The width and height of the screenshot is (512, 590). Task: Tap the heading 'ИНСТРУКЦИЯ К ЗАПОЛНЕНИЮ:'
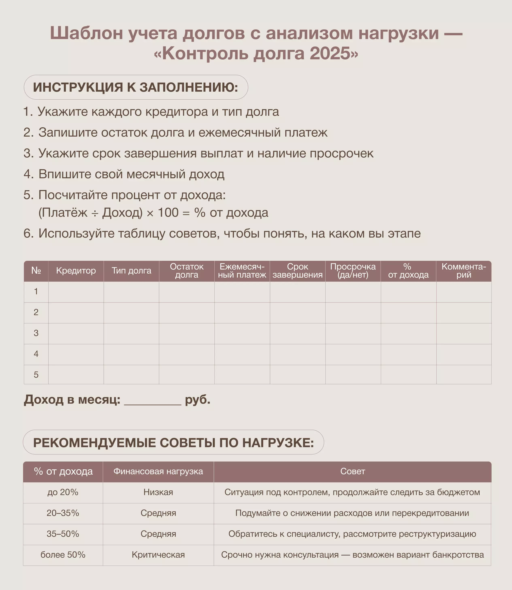[x=135, y=87]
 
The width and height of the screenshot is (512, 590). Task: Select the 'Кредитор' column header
[x=76, y=271]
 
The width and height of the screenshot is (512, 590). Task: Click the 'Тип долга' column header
[x=131, y=271]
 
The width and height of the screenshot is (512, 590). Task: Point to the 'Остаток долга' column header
[x=187, y=271]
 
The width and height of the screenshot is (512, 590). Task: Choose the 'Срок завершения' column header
[x=297, y=271]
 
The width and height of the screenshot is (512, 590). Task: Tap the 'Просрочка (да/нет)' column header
[x=353, y=271]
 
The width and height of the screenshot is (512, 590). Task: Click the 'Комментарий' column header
[x=464, y=271]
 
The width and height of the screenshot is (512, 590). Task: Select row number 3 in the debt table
[x=36, y=333]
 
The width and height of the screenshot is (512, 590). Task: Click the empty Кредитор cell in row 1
[x=76, y=292]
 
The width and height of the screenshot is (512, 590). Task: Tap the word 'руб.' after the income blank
[x=197, y=400]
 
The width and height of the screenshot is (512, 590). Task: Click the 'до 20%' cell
[x=63, y=492]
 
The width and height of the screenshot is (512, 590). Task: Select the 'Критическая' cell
[x=158, y=555]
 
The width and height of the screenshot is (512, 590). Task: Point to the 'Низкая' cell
[x=158, y=492]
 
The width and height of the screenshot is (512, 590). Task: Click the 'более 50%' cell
[x=63, y=555]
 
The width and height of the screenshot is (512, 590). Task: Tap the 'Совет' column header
[x=353, y=471]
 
